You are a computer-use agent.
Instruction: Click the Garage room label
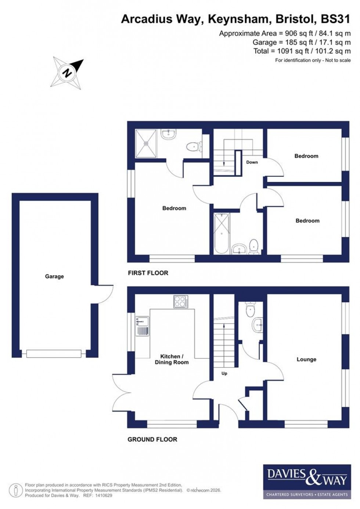point(54,276)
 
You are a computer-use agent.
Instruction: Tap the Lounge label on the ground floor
point(306,359)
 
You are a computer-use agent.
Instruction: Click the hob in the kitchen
point(180,302)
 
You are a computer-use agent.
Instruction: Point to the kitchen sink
point(142,326)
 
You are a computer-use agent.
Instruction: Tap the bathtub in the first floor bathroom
point(222,233)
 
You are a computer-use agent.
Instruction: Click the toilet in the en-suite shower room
point(193,147)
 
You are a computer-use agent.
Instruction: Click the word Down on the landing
point(252,162)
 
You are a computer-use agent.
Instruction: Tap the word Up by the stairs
point(224,373)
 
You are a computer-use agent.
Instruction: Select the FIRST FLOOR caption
point(148,273)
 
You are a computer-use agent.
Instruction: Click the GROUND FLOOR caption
point(152,440)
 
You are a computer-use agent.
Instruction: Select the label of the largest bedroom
point(174,208)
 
